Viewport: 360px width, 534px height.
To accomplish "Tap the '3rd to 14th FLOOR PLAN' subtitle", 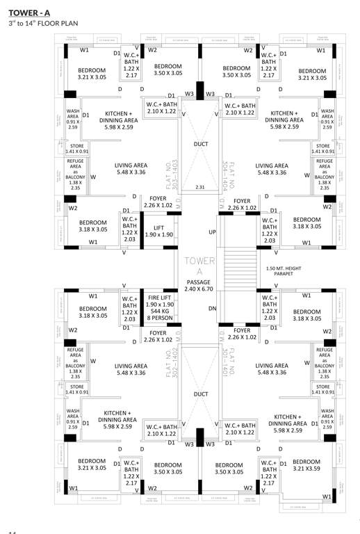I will coord(41,24).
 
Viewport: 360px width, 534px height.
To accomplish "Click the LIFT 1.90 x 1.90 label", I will coord(159,231).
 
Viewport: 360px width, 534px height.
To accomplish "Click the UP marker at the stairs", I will coord(213,232).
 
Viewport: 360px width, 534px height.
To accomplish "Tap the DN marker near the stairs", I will coord(213,307).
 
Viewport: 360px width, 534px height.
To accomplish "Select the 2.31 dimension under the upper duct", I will coord(200,187).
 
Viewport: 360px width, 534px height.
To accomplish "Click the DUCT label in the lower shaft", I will coord(201,394).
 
